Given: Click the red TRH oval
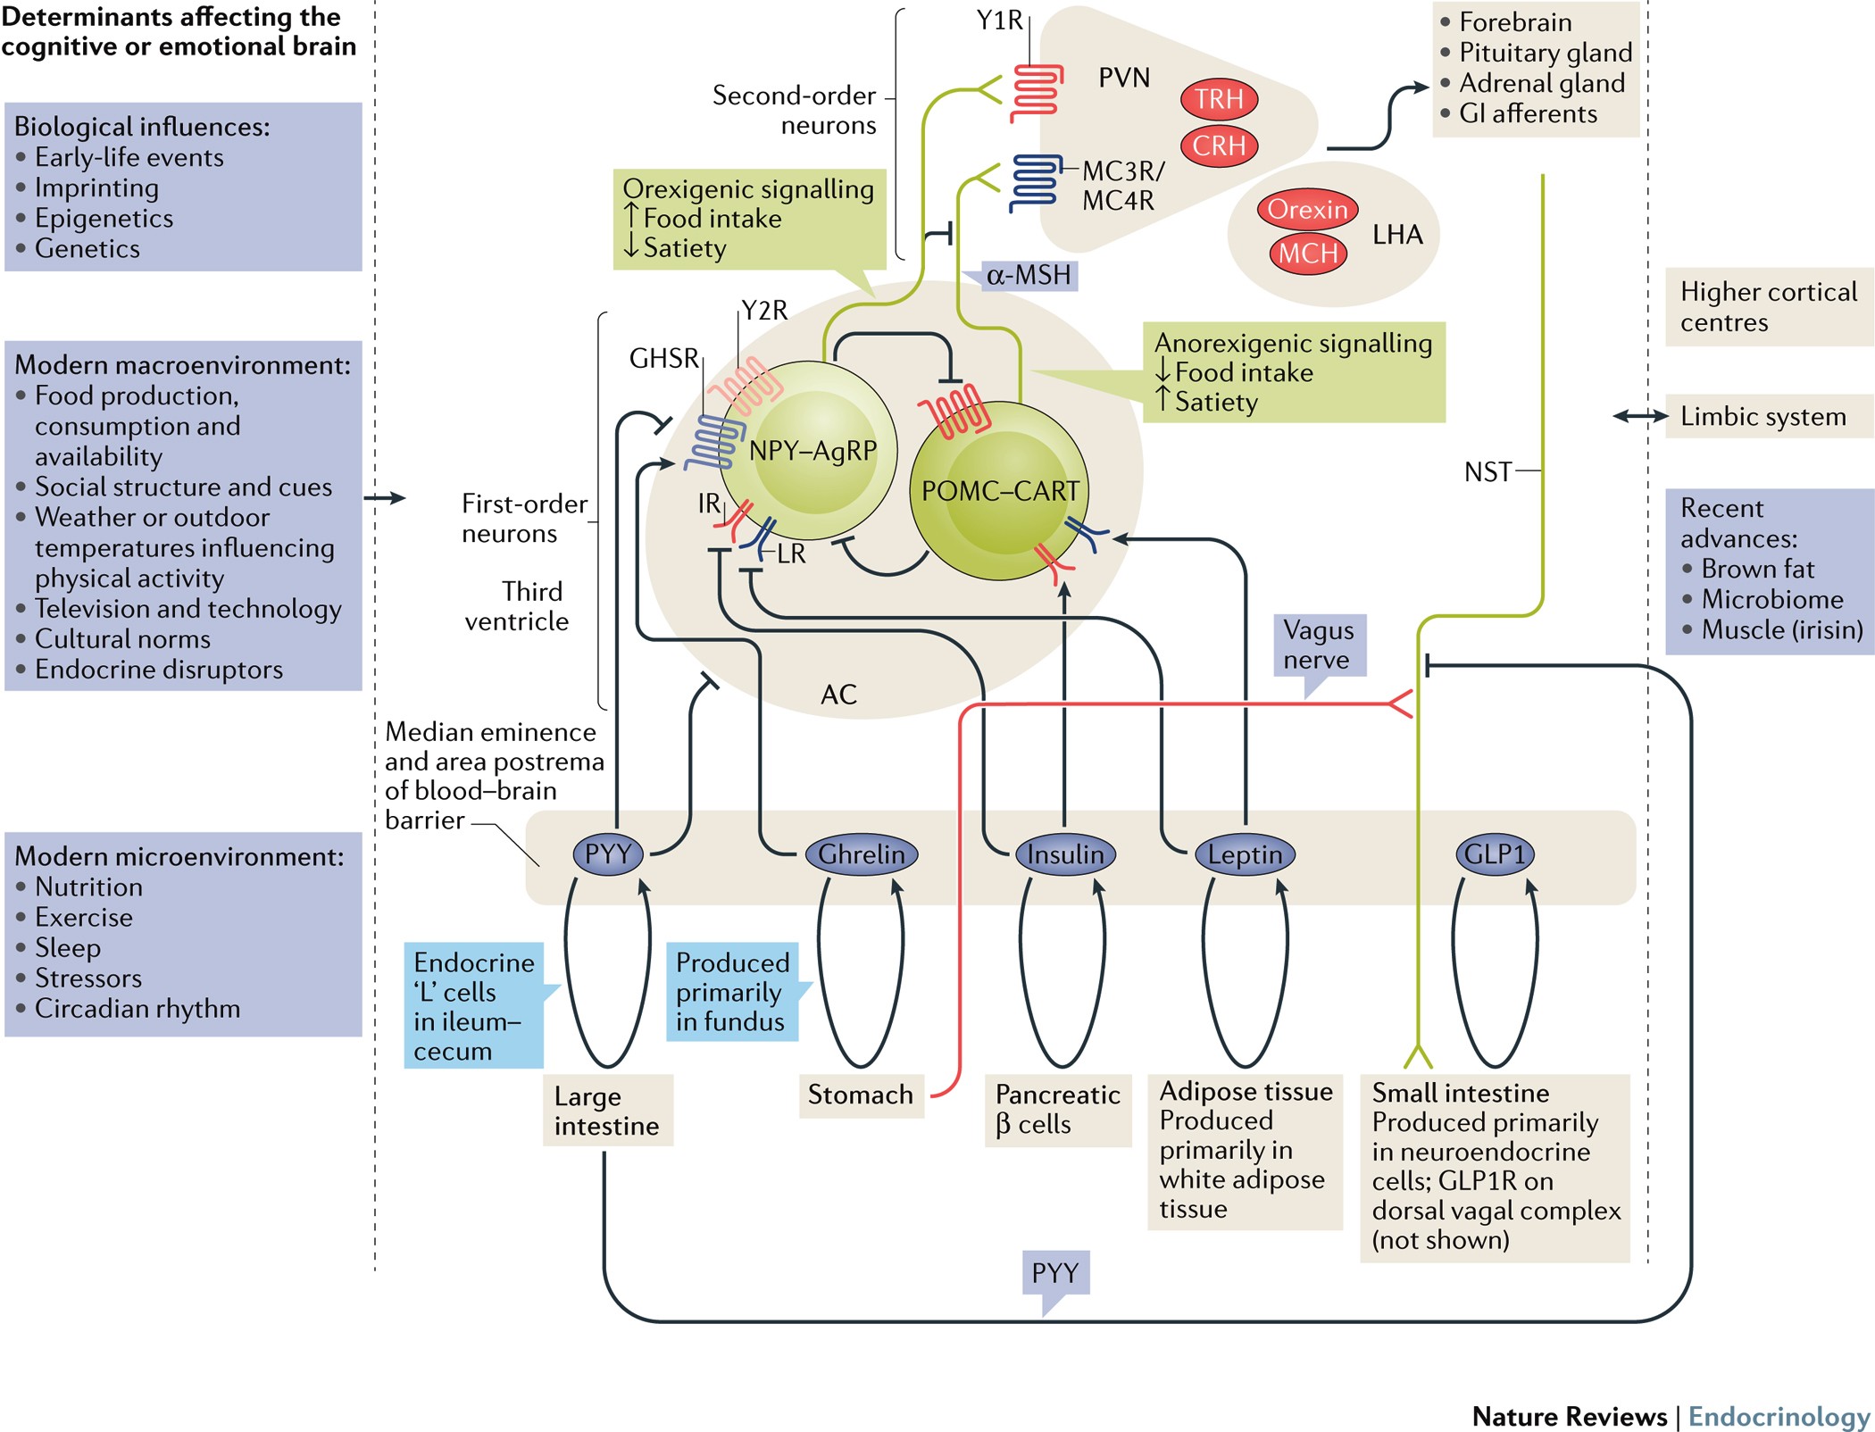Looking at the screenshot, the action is (1219, 99).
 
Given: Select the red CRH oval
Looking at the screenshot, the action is (1219, 146).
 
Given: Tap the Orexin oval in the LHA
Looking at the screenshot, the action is (1307, 210).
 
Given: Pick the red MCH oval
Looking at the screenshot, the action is (1308, 254).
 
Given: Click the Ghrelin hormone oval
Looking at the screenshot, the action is (861, 854).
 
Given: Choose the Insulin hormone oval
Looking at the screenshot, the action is (1065, 854).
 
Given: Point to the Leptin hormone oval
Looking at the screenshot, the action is (1245, 854).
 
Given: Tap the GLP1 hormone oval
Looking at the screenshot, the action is (1495, 854).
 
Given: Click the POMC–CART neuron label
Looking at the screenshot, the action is (1000, 491).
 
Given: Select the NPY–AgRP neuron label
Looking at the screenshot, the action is (812, 451).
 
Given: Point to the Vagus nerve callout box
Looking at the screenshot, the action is (1319, 645).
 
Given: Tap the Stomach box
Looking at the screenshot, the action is (861, 1095).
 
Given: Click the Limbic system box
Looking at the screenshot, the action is (1763, 417).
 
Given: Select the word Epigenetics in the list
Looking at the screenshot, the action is (104, 219).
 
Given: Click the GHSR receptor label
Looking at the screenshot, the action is (664, 359).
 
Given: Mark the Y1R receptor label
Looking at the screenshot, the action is (999, 21).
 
